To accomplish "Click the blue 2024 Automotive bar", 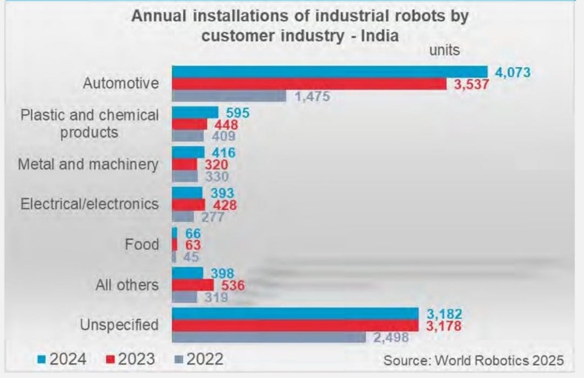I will point(329,72).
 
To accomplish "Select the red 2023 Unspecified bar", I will point(295,326).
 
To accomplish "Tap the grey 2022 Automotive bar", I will point(229,96).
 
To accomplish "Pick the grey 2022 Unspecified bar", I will point(269,337).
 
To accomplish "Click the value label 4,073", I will point(512,73).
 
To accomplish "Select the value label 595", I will point(237,112).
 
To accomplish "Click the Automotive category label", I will point(121,84).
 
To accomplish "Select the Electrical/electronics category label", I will point(90,203).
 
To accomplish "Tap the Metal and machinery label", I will point(88,164).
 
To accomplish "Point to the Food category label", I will point(142,245).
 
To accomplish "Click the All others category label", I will point(127,284).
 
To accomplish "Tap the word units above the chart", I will point(445,50).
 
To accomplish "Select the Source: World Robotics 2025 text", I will point(473,359).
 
